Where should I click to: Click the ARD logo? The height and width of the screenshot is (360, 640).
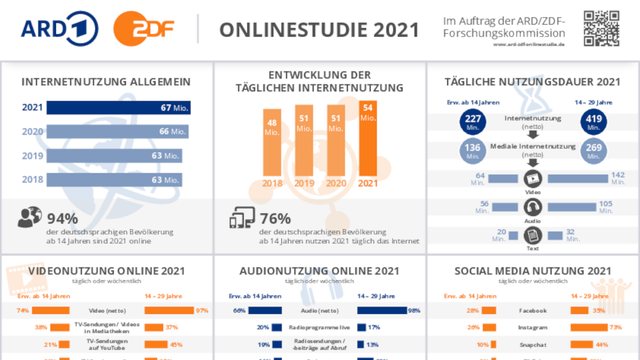click(x=60, y=29)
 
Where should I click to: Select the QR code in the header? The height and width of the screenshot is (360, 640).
click(x=602, y=28)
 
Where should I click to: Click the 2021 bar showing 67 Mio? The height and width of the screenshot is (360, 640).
click(x=118, y=107)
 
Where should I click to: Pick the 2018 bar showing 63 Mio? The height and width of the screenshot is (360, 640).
click(x=114, y=179)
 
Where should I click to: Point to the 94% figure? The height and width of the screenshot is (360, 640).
click(x=63, y=218)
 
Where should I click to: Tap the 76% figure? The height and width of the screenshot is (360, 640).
click(x=275, y=218)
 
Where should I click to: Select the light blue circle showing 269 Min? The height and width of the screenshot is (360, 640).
click(x=593, y=151)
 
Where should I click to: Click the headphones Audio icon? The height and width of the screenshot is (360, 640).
click(x=533, y=207)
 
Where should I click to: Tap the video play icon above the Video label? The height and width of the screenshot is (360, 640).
click(x=533, y=179)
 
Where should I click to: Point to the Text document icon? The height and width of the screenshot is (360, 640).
click(x=533, y=235)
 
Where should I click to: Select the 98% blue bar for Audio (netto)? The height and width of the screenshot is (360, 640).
click(x=381, y=311)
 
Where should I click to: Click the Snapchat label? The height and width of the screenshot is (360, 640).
click(x=533, y=345)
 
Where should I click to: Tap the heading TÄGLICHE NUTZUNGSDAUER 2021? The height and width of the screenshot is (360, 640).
click(x=533, y=82)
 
